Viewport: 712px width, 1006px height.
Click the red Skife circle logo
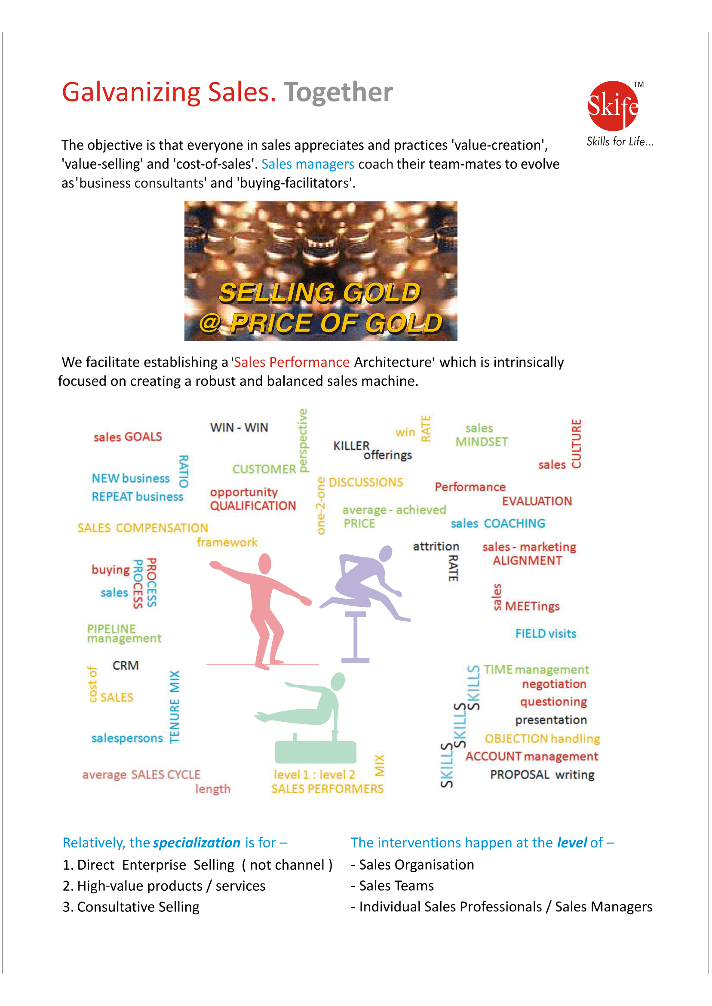(613, 106)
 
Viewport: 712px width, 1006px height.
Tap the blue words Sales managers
(307, 164)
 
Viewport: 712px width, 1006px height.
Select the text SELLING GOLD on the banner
(319, 292)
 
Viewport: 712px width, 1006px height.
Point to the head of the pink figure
(265, 563)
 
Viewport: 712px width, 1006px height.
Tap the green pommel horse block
(315, 752)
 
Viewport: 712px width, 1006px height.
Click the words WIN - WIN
(239, 428)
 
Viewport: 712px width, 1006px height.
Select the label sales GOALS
(128, 437)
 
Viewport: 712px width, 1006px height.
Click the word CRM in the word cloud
(126, 666)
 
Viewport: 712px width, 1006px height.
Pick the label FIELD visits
(546, 634)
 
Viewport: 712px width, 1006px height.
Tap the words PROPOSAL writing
(542, 775)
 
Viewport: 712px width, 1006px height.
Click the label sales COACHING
(497, 523)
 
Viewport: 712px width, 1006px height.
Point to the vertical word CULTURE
(576, 444)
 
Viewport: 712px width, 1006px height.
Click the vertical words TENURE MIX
(175, 707)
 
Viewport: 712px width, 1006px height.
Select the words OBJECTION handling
(542, 739)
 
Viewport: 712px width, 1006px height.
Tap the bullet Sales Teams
(396, 886)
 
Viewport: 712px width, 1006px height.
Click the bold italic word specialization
(196, 843)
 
